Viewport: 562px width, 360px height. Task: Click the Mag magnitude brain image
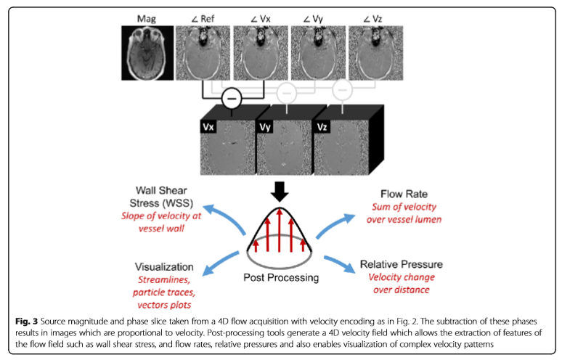[147, 52]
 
